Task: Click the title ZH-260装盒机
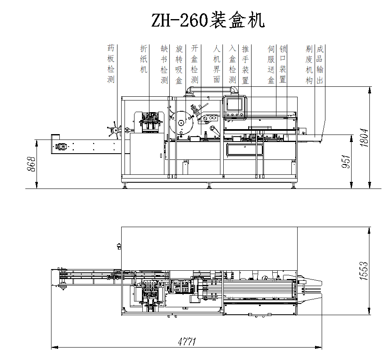click(208, 20)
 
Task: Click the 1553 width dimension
click(364, 271)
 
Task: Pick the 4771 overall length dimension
click(187, 342)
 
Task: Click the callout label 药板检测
click(111, 64)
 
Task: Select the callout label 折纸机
click(144, 59)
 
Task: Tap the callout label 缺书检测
click(164, 64)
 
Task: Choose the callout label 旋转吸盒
click(179, 64)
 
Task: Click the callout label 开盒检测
click(194, 64)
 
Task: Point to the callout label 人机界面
click(217, 64)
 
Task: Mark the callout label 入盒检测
click(232, 64)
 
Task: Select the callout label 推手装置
click(245, 64)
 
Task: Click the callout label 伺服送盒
click(271, 64)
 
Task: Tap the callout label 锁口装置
click(283, 64)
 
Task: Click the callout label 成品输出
click(320, 64)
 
